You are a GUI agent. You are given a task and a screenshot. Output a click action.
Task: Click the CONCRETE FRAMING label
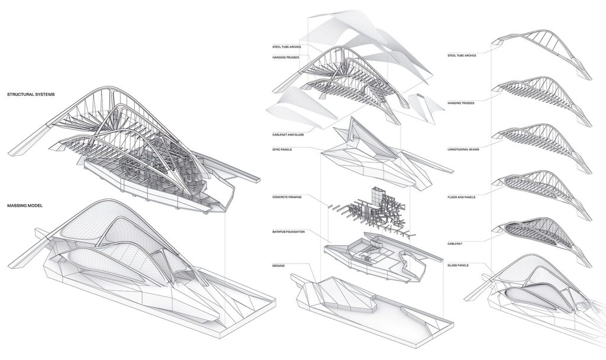click(x=289, y=197)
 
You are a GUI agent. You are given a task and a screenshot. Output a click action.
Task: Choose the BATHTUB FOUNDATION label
click(x=289, y=231)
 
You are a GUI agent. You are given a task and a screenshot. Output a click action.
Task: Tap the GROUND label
click(x=279, y=265)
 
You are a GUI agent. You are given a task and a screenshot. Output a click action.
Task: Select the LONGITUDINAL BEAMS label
click(x=465, y=149)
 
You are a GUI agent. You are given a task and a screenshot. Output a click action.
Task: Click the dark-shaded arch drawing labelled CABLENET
click(x=539, y=234)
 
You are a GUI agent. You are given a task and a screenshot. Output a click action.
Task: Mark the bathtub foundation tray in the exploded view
click(x=379, y=255)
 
